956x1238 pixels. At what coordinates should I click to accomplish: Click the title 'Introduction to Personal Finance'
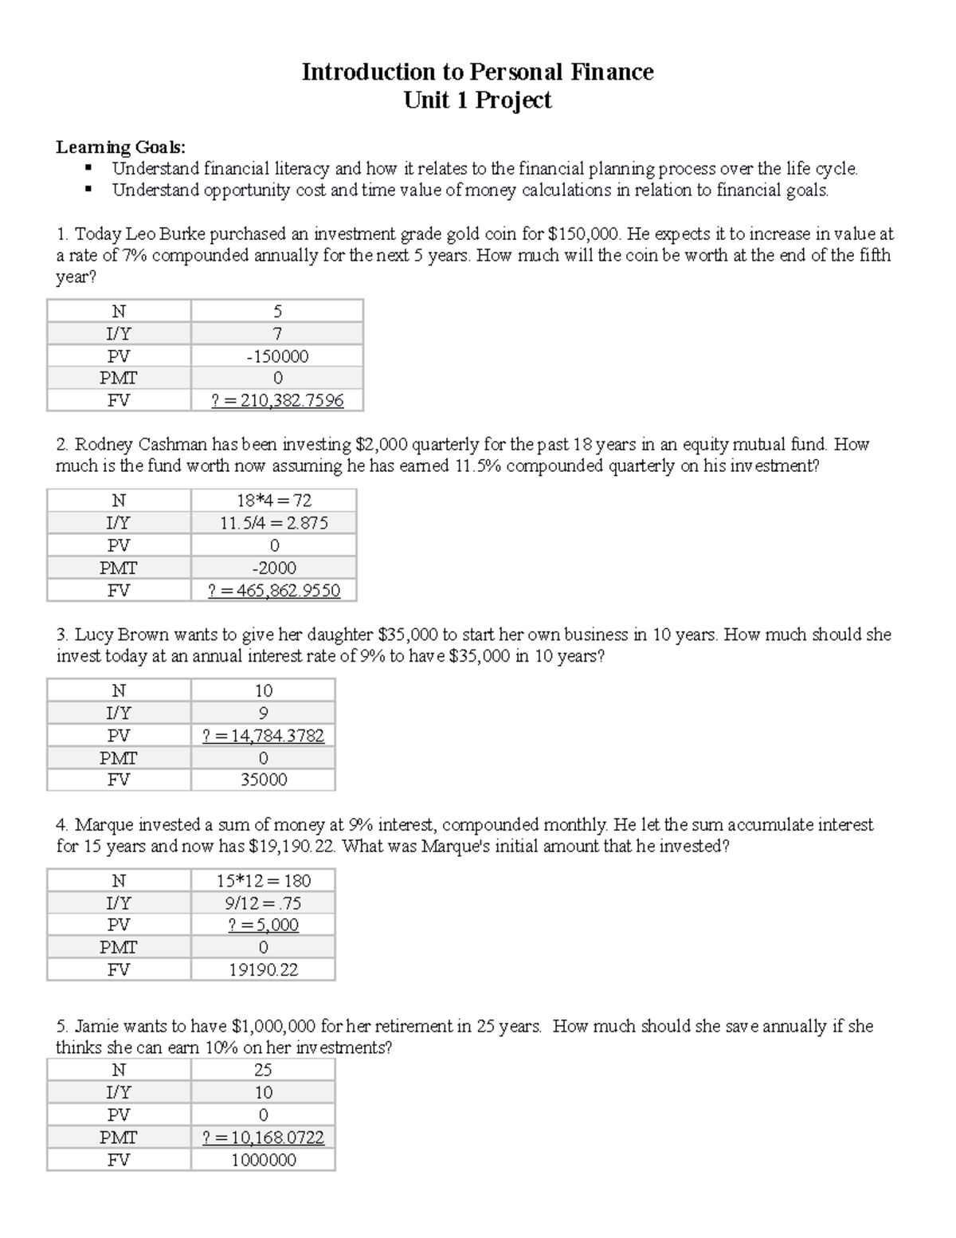(477, 72)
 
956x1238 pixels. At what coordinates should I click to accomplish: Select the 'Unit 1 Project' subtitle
(477, 100)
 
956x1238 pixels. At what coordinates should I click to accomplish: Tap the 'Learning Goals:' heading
(120, 147)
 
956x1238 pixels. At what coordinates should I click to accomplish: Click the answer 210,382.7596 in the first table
(277, 400)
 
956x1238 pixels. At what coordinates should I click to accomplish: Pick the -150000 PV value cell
(277, 356)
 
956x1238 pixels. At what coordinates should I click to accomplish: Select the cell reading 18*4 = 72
(274, 501)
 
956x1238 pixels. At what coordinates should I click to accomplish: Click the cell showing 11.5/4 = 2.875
(274, 523)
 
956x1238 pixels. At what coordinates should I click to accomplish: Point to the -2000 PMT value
(274, 568)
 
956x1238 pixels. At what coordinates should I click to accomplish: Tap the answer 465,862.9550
(274, 591)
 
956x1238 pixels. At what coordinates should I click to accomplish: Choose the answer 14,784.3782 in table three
(264, 736)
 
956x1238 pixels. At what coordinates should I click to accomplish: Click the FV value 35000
(264, 780)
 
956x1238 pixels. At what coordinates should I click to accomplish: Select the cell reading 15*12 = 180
(264, 881)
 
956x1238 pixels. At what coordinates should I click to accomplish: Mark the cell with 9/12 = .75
(264, 903)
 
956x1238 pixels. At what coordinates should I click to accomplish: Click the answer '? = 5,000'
(264, 925)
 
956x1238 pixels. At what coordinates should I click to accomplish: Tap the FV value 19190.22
(264, 970)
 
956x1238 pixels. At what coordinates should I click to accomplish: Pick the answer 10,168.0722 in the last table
(264, 1138)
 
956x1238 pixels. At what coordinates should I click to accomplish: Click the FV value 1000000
(264, 1160)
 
